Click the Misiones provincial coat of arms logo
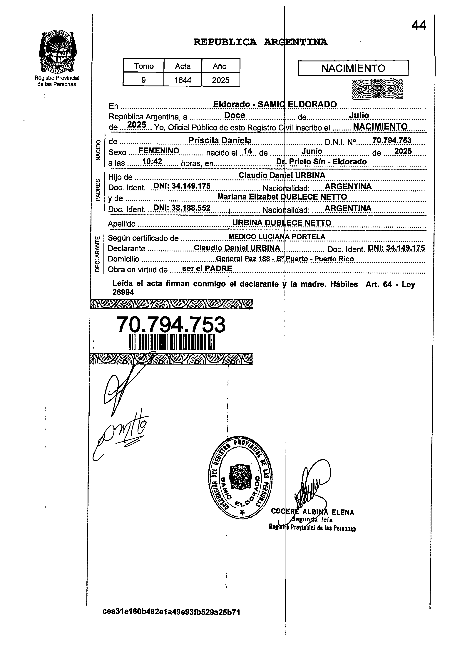tap(58, 52)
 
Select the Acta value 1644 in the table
tap(183, 80)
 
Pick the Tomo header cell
tap(144, 66)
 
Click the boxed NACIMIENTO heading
tap(353, 68)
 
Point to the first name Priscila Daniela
tap(220, 140)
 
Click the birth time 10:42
tap(152, 162)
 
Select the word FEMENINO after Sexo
tap(159, 151)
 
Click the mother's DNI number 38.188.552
tap(182, 208)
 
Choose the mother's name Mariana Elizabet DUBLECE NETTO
tap(282, 197)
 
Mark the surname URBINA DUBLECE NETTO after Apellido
tap(282, 223)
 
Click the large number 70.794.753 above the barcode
tap(171, 325)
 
